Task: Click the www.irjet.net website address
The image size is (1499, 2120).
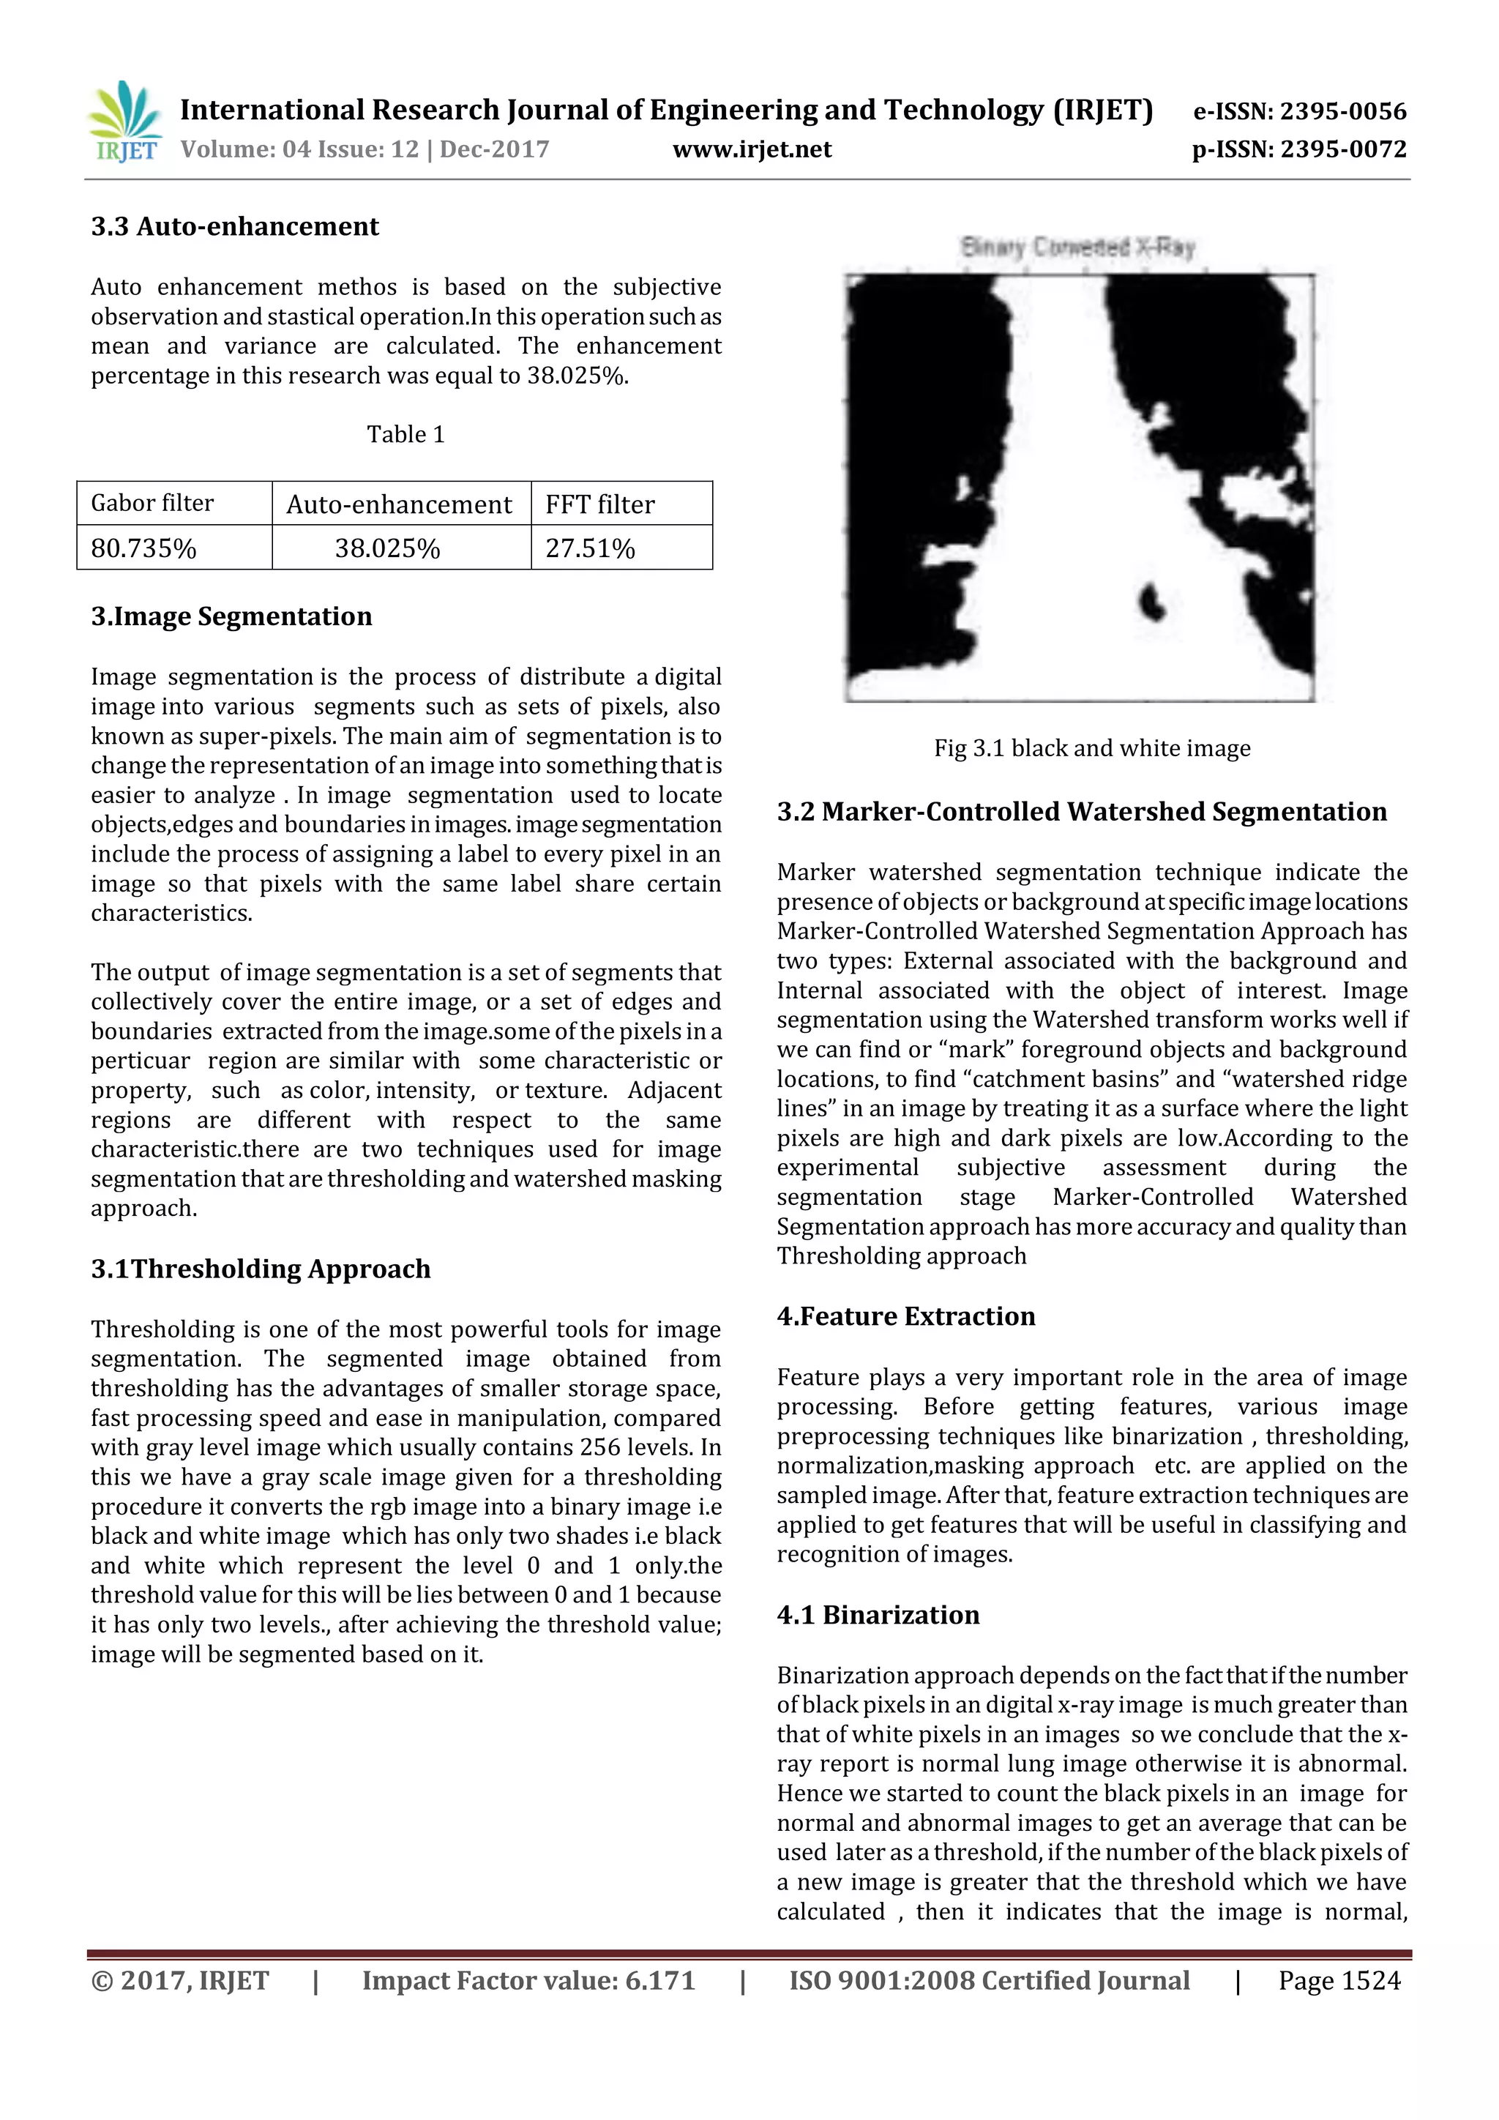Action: (752, 149)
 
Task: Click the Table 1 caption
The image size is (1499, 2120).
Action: (405, 434)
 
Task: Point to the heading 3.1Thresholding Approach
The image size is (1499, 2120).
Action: (261, 1269)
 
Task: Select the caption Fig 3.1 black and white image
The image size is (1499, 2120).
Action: (1092, 748)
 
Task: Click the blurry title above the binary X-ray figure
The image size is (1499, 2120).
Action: (1077, 247)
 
